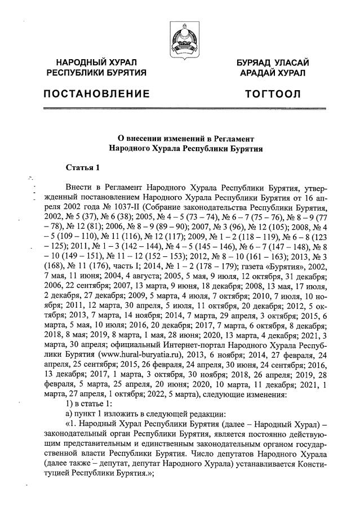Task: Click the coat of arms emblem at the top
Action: pos(180,38)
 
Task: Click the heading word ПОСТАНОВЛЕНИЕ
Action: pos(97,93)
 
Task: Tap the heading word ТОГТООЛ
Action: pos(273,93)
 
